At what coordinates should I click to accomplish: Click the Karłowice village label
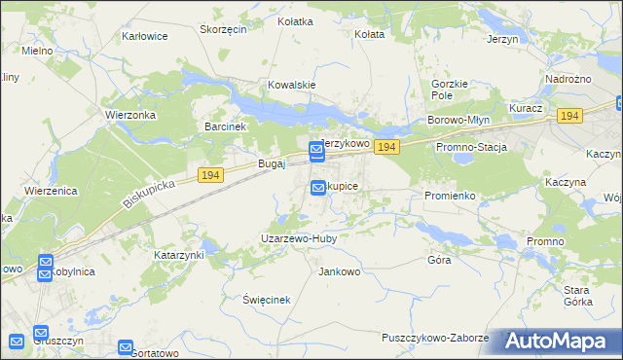[x=145, y=36]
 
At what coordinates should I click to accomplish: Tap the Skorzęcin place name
[x=223, y=29]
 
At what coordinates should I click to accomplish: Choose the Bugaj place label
[x=271, y=164]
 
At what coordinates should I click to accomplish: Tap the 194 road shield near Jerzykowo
[x=387, y=147]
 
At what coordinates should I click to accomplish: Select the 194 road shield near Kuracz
[x=569, y=116]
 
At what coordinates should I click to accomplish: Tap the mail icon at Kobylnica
[x=46, y=263]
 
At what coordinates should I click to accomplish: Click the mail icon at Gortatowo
[x=126, y=346]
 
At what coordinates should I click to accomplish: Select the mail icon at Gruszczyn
[x=40, y=332]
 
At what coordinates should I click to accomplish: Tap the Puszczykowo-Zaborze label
[x=435, y=337]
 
